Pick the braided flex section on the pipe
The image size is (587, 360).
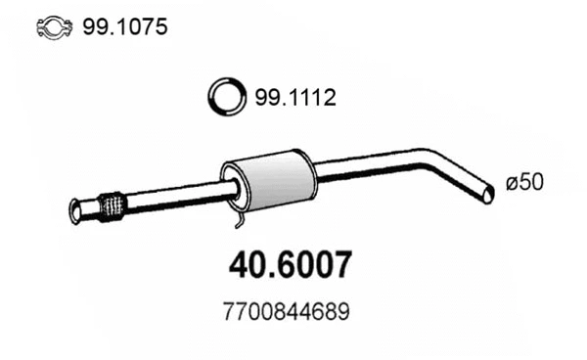[x=113, y=205]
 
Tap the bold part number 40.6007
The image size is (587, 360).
[x=290, y=265]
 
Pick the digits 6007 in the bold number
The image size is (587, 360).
[x=312, y=265]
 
